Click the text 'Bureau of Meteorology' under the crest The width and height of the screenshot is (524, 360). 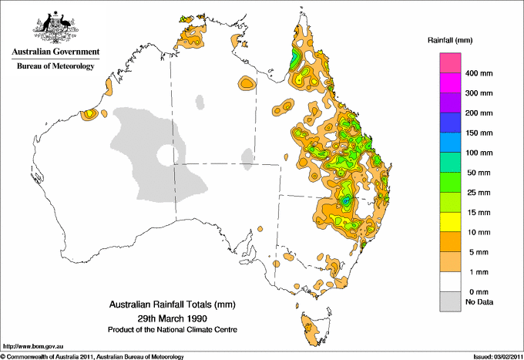coord(55,66)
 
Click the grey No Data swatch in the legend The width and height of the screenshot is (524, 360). coord(450,302)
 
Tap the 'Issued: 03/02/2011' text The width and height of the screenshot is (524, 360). coord(492,356)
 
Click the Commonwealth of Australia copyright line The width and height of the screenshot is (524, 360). coord(92,356)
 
